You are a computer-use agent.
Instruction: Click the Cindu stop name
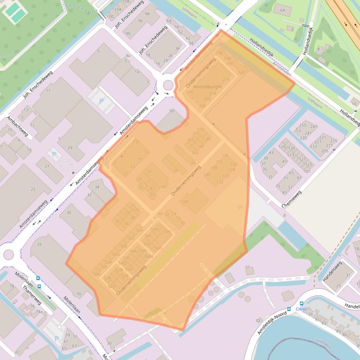pyautogui.click(x=301, y=309)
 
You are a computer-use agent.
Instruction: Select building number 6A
pyautogui.click(x=282, y=10)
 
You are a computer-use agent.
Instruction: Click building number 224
pyautogui.click(x=241, y=72)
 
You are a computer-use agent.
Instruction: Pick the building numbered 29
pyautogui.click(x=70, y=148)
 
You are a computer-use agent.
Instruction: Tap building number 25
pyautogui.click(x=33, y=189)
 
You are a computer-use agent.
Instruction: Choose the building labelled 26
pyautogui.click(x=40, y=244)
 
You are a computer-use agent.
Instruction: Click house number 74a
pyautogui.click(x=39, y=311)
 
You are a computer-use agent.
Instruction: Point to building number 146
pyautogui.click(x=225, y=156)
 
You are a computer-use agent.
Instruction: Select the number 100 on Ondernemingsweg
pyautogui.click(x=184, y=202)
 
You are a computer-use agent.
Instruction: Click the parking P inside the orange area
pyautogui.click(x=240, y=208)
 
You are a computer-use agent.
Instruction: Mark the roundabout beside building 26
pyautogui.click(x=8, y=254)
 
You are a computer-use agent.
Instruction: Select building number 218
pyautogui.click(x=226, y=80)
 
